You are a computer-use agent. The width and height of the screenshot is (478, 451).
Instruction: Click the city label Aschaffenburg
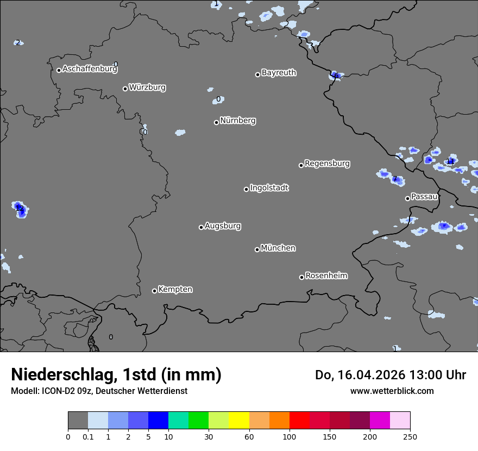[90, 69]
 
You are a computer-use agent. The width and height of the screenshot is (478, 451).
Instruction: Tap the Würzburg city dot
[125, 89]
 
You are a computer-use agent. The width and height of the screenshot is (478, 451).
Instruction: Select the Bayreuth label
[279, 72]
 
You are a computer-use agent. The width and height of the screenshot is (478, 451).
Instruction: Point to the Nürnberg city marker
[216, 122]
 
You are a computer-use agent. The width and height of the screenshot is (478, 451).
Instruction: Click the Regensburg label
[327, 163]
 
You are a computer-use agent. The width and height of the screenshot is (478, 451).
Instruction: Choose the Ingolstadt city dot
[246, 189]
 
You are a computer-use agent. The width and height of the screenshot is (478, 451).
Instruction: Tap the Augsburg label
[223, 225]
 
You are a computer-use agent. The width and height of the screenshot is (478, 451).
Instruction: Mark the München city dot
[257, 249]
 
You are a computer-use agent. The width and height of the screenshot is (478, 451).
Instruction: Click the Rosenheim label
[326, 275]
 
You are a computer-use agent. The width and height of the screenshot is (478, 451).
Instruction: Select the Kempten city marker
[154, 291]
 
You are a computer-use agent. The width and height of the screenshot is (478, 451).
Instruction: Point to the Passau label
[424, 196]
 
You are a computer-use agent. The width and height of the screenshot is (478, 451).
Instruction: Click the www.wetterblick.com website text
[392, 391]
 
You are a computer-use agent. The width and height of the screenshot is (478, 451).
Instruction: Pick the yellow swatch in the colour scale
[239, 421]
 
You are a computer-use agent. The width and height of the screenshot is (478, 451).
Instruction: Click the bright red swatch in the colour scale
[299, 421]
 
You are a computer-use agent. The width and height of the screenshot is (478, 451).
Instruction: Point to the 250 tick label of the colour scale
[410, 436]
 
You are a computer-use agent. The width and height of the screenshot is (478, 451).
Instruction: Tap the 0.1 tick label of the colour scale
[88, 436]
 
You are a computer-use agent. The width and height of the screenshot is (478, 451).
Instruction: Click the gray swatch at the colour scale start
[78, 421]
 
